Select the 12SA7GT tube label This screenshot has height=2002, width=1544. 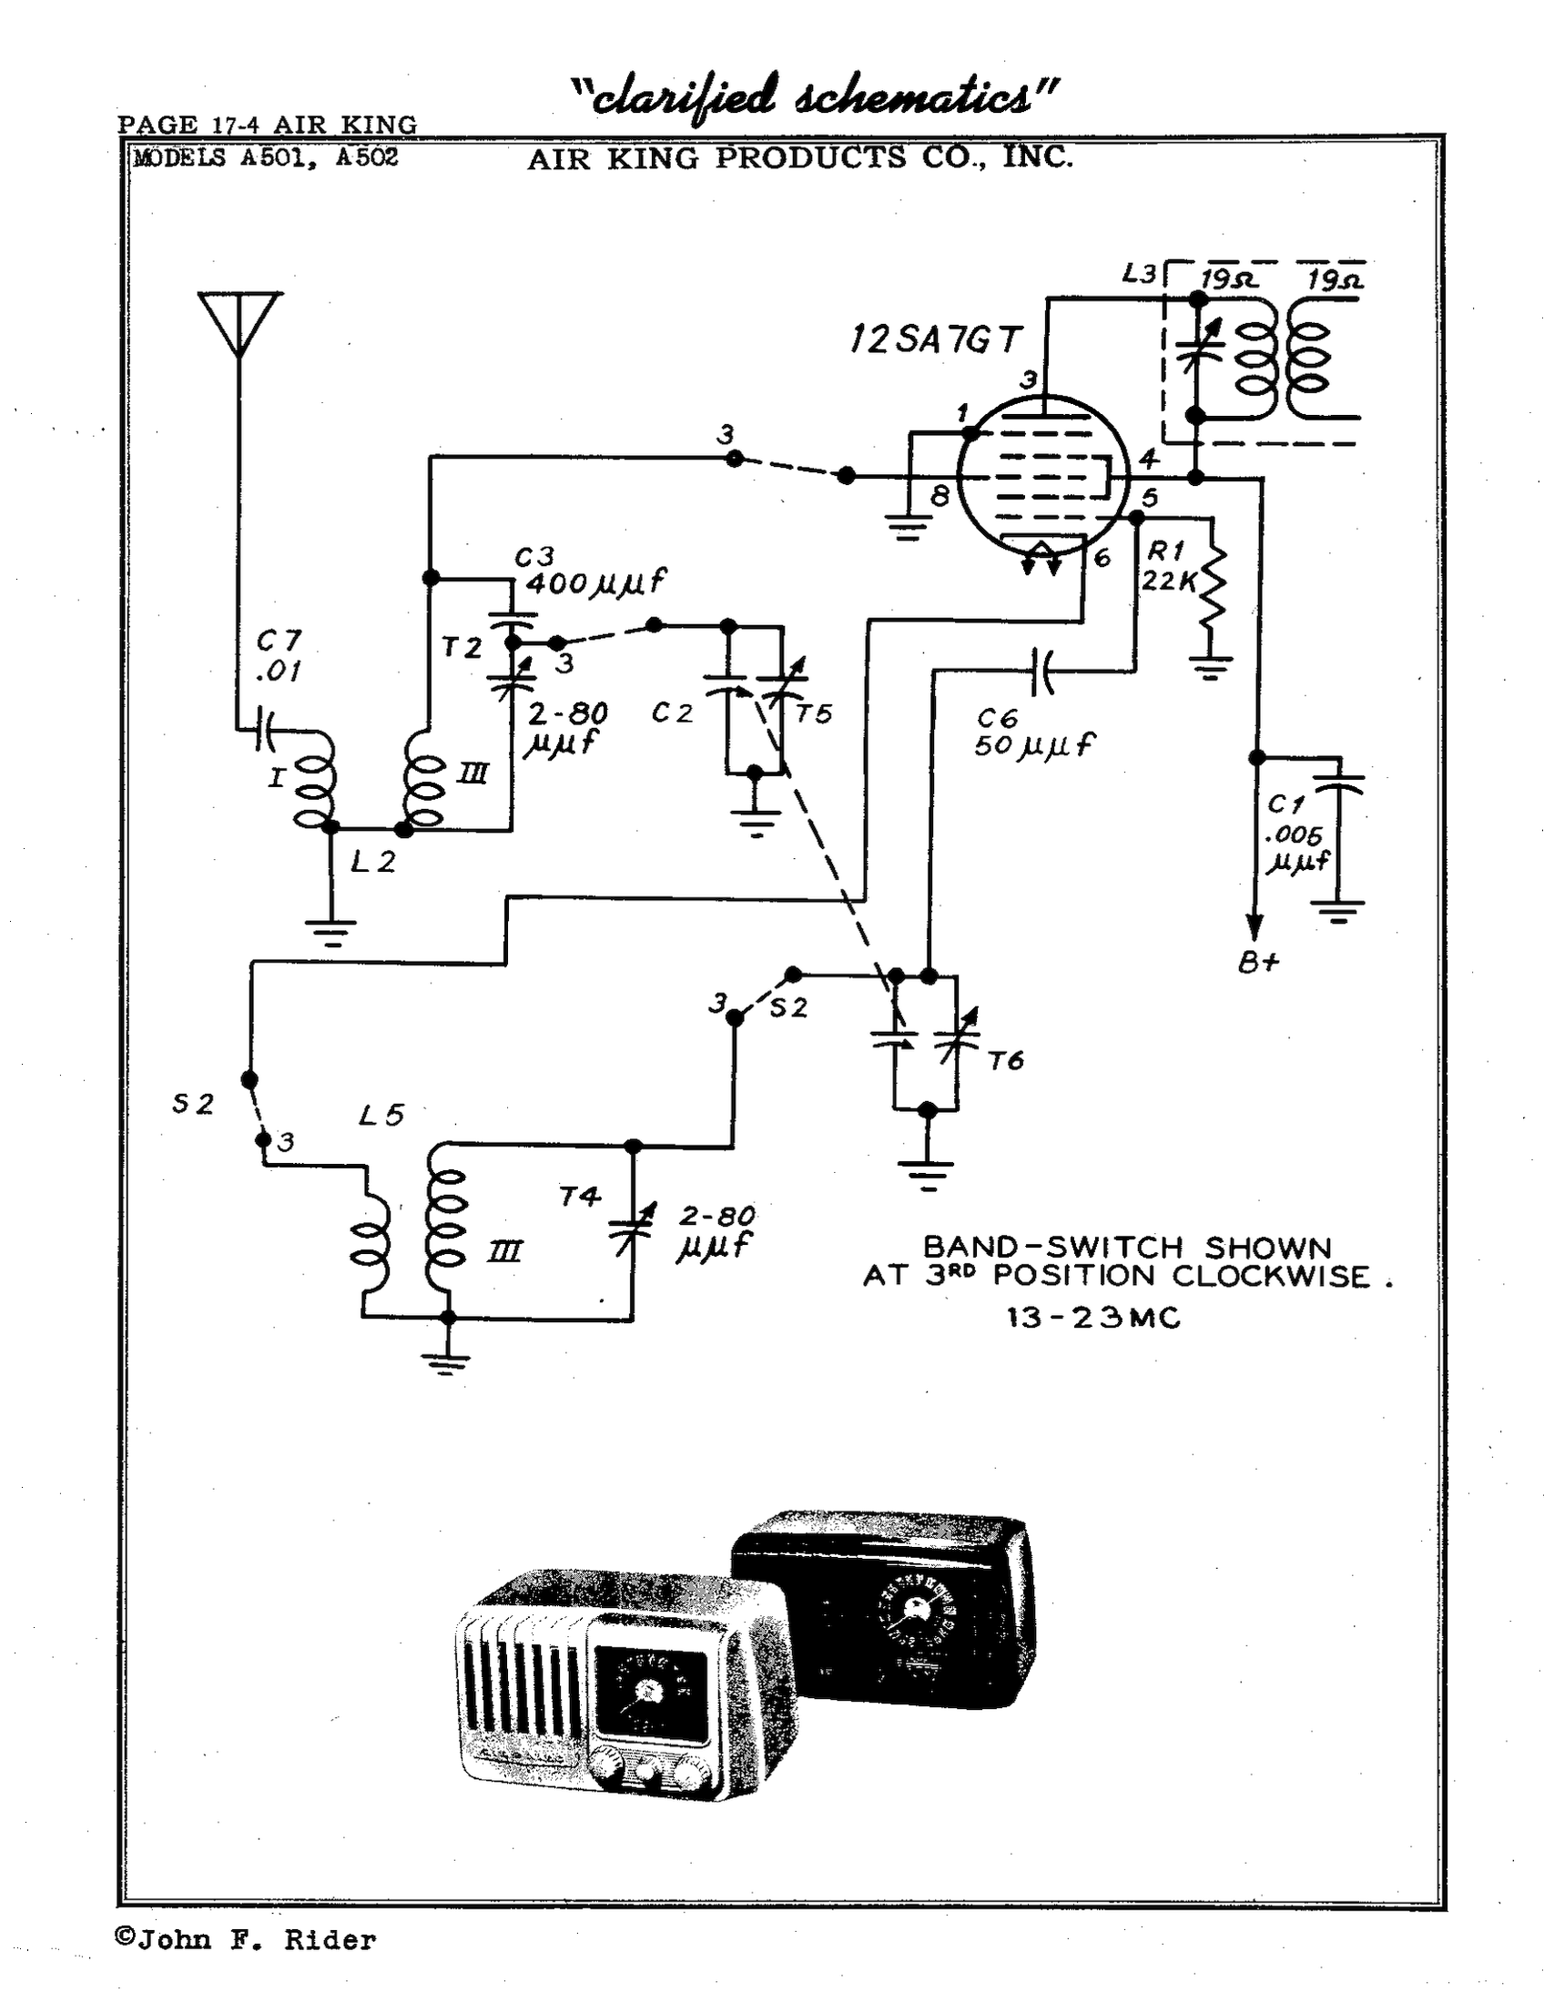(x=934, y=340)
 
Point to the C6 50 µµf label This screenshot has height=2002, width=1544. (x=1032, y=733)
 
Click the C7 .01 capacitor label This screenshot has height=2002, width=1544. (x=279, y=655)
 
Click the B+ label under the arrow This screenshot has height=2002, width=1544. (x=1259, y=964)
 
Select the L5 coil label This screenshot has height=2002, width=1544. (x=381, y=1116)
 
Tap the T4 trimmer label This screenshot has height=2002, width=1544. (x=580, y=1198)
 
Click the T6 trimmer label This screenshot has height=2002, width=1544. (x=1006, y=1060)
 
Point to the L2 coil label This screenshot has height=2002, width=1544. (x=373, y=862)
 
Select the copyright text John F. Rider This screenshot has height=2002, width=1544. (x=246, y=1940)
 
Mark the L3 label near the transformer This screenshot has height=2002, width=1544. (x=1139, y=273)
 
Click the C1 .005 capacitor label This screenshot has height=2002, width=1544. (x=1295, y=834)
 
